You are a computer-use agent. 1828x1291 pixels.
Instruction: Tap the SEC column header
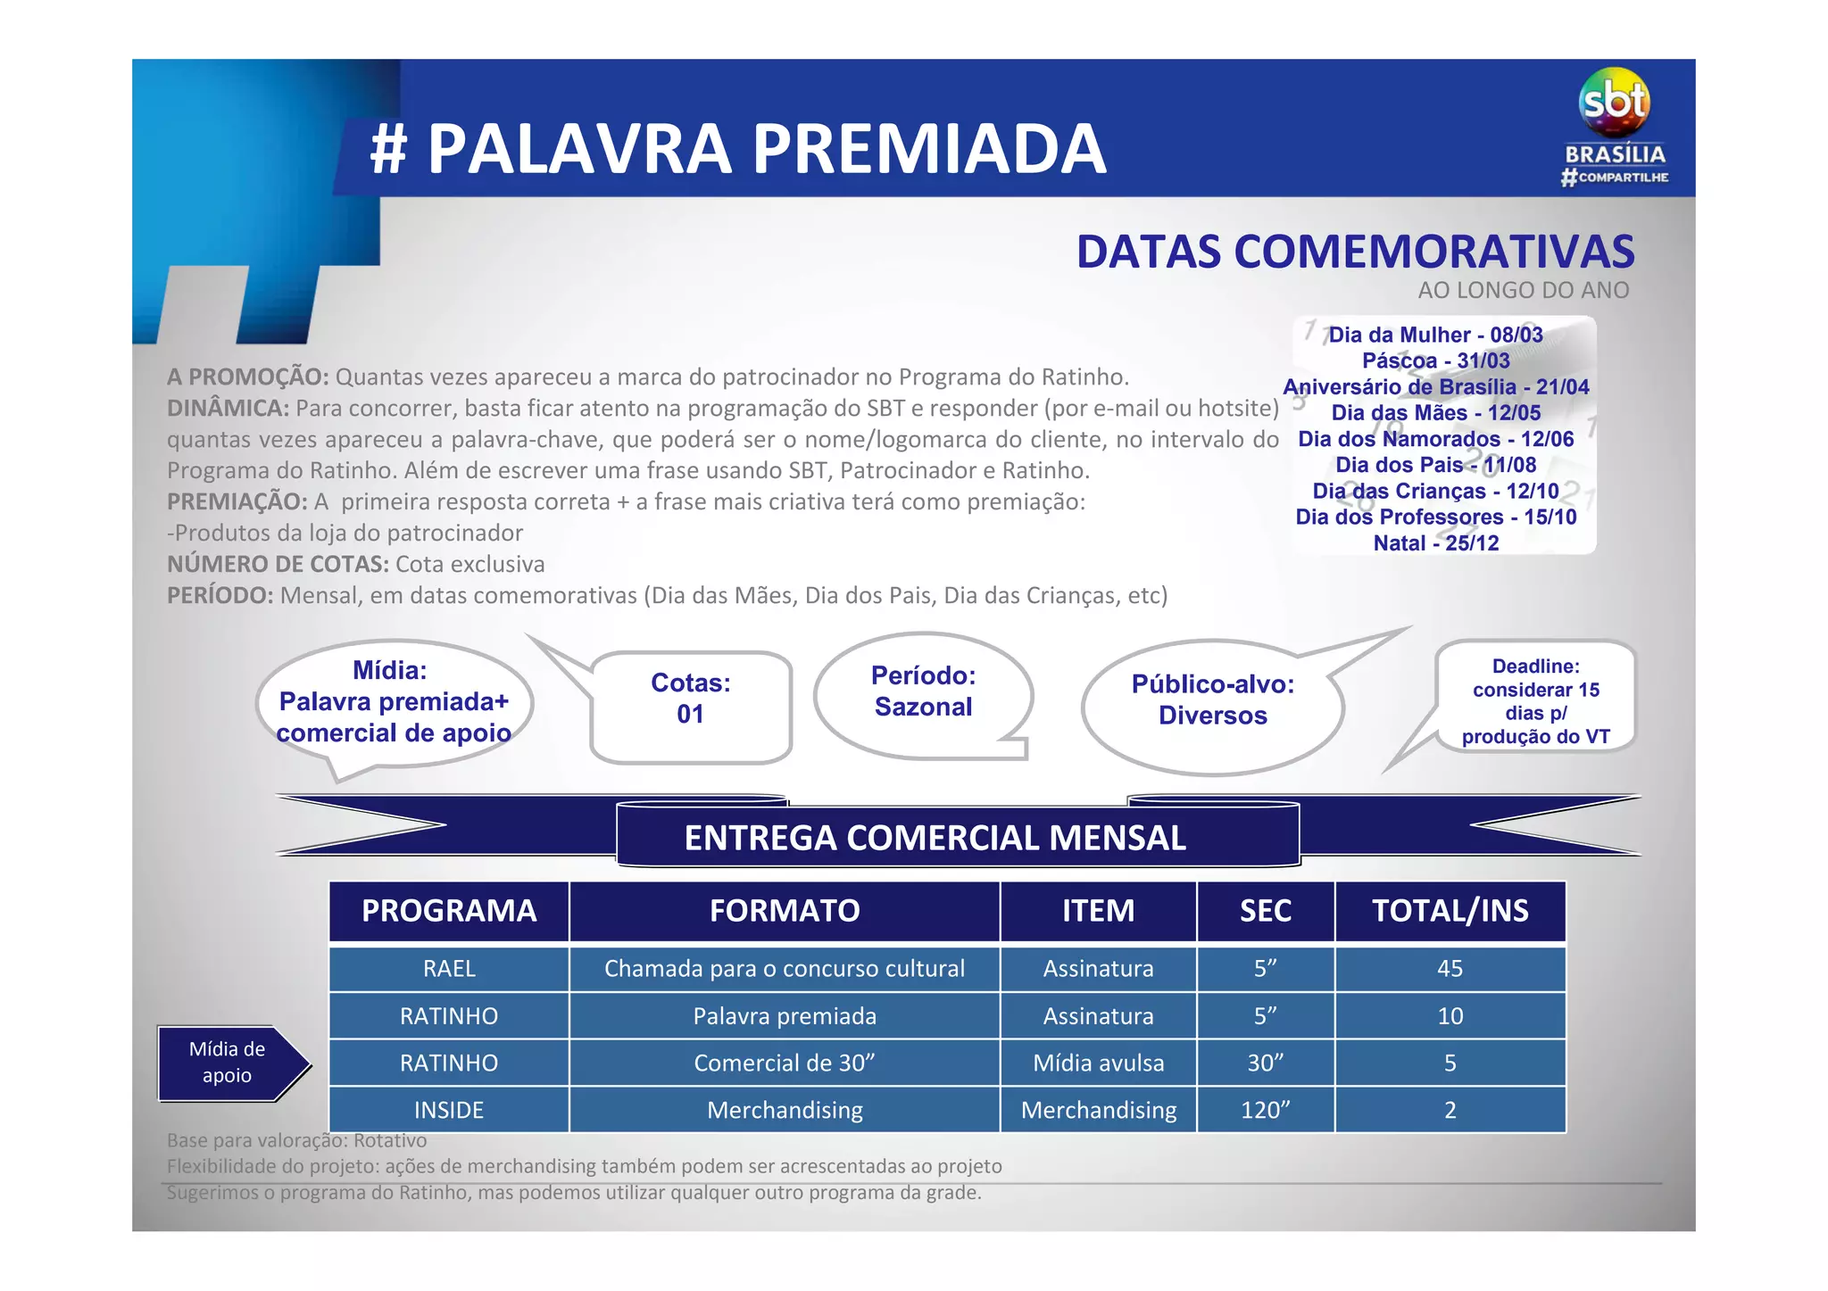(1265, 911)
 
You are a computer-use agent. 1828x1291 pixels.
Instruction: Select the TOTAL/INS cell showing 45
(1450, 969)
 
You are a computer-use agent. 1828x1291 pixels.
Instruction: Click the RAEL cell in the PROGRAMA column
(449, 969)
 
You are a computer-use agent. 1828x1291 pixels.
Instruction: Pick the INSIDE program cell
(449, 1110)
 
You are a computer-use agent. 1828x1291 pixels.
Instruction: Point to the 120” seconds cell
(1265, 1110)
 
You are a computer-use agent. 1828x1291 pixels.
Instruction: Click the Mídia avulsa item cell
(1098, 1063)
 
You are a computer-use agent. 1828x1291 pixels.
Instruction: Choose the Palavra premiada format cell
(785, 1016)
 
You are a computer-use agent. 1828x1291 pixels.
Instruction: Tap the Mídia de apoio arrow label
(228, 1063)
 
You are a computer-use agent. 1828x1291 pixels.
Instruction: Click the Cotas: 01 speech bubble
(691, 699)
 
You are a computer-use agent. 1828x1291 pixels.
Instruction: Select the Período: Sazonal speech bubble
(923, 692)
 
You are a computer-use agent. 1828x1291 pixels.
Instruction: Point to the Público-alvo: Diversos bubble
(1212, 700)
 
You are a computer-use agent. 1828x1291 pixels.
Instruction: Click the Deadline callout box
(1535, 701)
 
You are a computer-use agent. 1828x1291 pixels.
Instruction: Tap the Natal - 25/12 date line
(1435, 543)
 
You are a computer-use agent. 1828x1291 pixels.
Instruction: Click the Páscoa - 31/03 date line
(1435, 361)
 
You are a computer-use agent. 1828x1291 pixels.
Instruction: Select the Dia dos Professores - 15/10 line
(1435, 517)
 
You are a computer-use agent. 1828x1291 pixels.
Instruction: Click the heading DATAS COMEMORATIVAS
(1355, 252)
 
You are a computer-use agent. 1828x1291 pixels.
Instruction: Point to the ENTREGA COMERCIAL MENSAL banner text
(935, 838)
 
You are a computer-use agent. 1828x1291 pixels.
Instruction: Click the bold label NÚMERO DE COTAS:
(278, 565)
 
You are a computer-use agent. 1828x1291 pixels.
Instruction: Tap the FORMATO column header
(785, 911)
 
